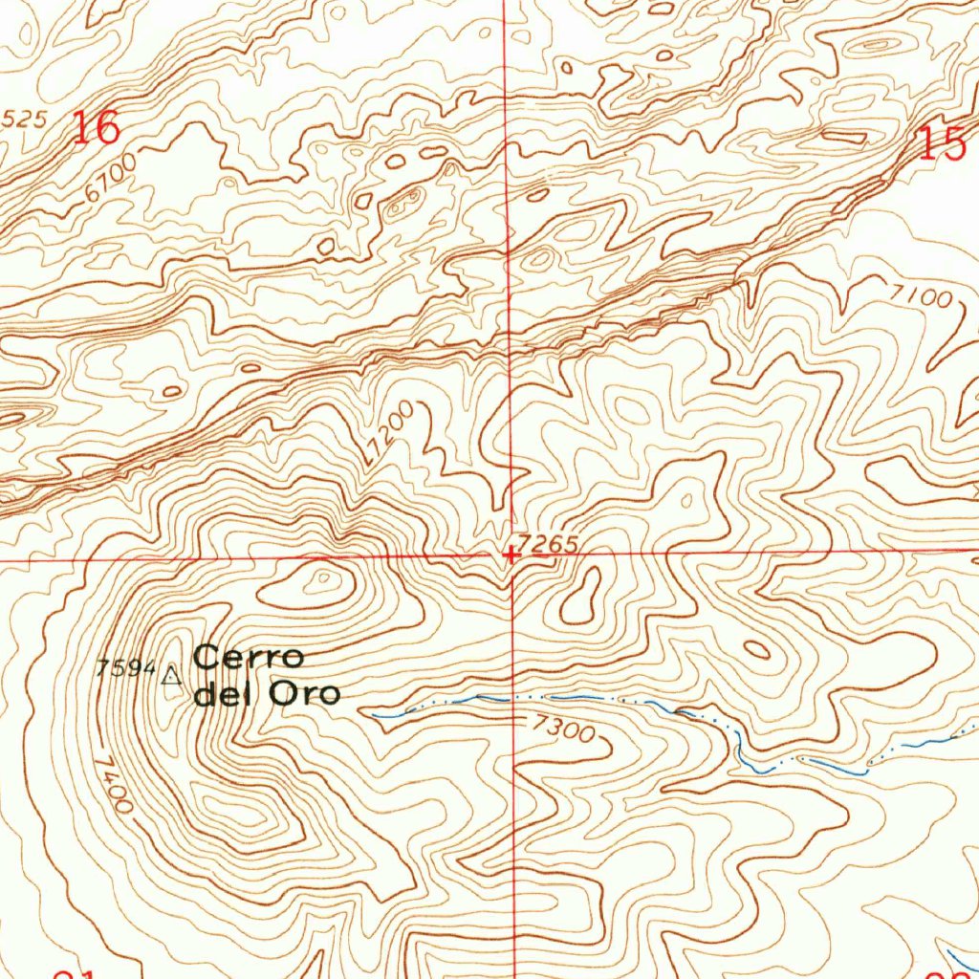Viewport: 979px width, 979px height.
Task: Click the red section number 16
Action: (96, 127)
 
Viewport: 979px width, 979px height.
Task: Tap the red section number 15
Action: (943, 143)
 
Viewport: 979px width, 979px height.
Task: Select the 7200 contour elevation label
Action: (391, 433)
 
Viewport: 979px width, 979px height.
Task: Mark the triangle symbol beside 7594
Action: (172, 678)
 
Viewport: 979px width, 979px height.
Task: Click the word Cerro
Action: (250, 658)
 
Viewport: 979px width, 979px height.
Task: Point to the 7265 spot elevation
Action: (551, 543)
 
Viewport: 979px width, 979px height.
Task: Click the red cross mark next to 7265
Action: (511, 554)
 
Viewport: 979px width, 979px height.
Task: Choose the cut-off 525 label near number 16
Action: (23, 120)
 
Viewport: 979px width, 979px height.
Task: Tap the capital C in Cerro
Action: (207, 658)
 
